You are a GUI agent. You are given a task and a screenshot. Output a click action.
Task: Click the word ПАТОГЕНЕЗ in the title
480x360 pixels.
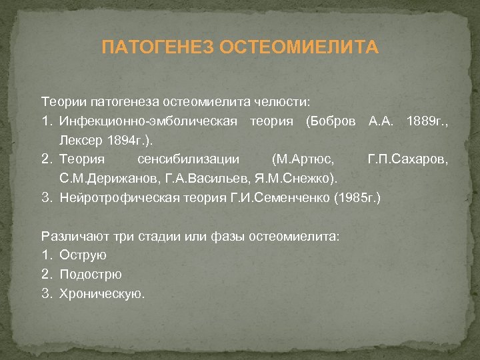tap(157, 48)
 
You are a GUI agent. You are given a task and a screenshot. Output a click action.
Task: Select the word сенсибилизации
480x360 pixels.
tap(182, 160)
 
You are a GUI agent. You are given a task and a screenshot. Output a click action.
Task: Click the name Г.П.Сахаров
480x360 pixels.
tap(408, 160)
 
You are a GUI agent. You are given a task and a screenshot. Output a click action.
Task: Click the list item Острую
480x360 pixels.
tap(83, 255)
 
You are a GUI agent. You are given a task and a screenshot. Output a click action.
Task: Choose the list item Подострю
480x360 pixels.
tap(91, 274)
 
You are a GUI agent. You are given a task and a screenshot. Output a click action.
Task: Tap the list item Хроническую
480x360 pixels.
tap(101, 293)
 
